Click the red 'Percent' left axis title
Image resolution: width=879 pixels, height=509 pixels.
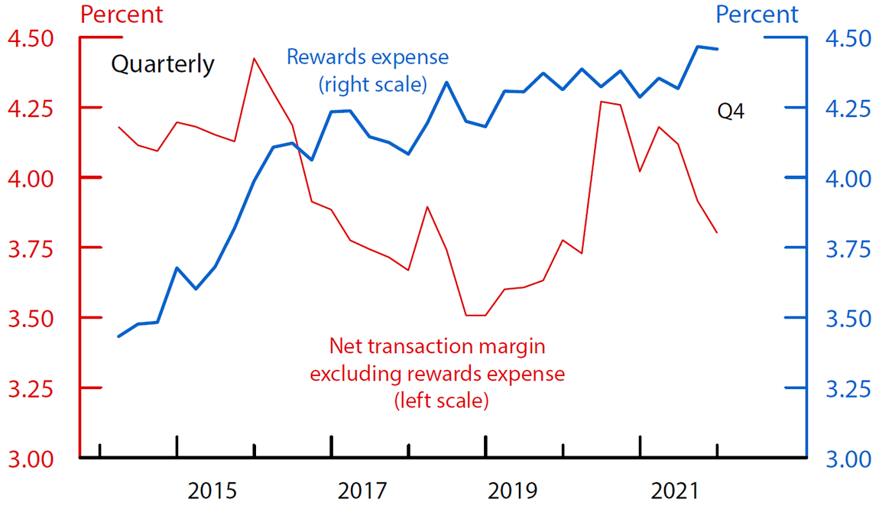(122, 14)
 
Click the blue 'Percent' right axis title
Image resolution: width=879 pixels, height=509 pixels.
(757, 14)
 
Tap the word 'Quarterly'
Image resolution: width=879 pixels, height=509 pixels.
(163, 64)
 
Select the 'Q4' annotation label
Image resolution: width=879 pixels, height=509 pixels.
(731, 112)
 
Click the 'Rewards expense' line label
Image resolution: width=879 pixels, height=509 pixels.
(368, 57)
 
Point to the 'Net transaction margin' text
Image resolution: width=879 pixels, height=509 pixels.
(437, 346)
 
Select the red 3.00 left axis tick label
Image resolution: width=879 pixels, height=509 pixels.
(29, 459)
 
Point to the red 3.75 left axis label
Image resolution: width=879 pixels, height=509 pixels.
(29, 248)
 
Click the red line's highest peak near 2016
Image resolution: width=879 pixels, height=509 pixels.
(255, 58)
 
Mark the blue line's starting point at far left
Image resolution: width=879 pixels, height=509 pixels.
(118, 336)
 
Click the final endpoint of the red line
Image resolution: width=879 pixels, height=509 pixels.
(717, 232)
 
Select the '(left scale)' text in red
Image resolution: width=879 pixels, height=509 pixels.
(440, 400)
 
